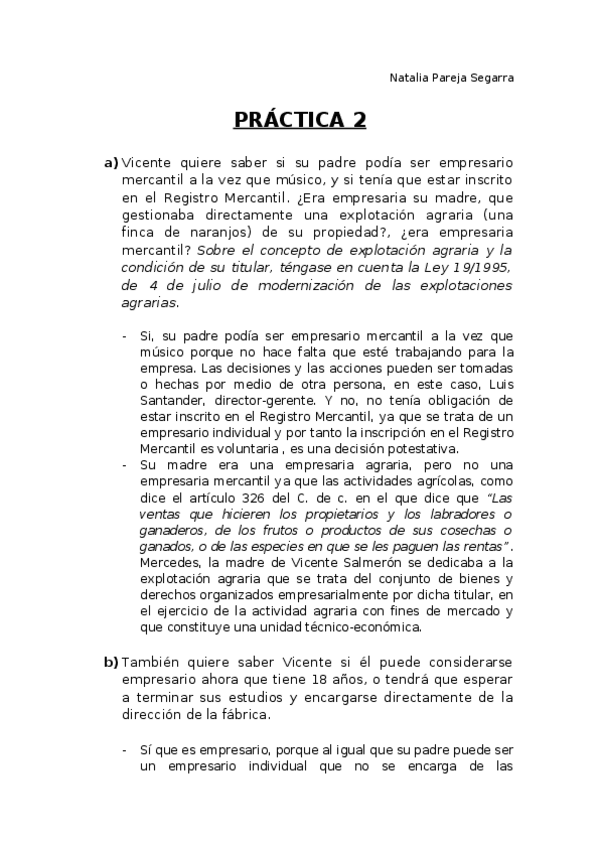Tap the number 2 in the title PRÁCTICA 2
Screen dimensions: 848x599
coord(357,121)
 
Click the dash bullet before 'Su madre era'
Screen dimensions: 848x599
coord(125,465)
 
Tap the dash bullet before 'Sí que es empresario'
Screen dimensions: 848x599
coord(125,749)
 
